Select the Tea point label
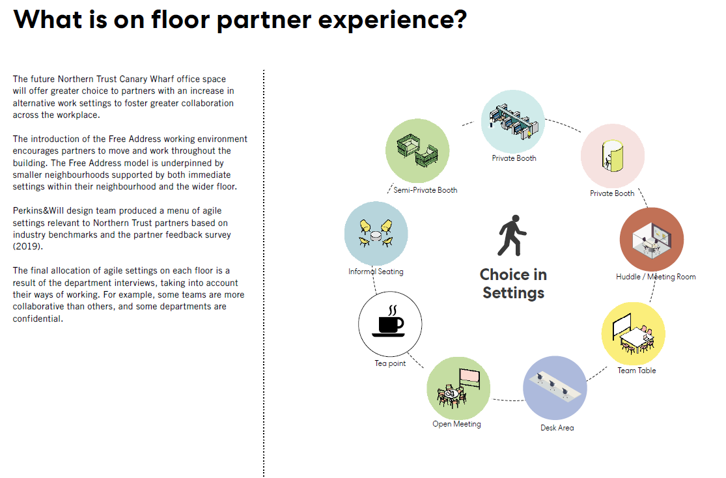390,363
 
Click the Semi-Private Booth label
425,190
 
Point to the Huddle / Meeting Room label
656,277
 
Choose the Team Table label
637,371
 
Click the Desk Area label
557,428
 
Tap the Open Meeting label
456,424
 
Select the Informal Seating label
376,272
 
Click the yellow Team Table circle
633,333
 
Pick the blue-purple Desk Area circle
555,387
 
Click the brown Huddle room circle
651,239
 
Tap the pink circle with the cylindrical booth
612,156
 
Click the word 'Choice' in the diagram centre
513,275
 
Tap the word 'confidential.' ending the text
38,319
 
